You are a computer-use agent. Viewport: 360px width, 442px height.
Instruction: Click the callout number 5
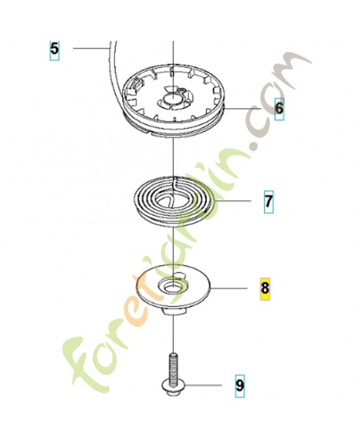(x=54, y=49)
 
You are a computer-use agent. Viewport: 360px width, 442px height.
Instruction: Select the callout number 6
(x=279, y=108)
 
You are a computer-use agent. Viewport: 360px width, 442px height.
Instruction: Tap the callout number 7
(x=268, y=201)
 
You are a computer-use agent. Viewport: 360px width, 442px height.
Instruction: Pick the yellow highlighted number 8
(x=265, y=288)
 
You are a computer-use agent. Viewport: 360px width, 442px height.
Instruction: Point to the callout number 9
(x=240, y=386)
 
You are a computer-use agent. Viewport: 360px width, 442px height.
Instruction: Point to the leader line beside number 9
(x=203, y=385)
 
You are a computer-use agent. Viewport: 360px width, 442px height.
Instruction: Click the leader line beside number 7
(x=232, y=201)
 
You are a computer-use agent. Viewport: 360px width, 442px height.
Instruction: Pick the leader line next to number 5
(x=91, y=49)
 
